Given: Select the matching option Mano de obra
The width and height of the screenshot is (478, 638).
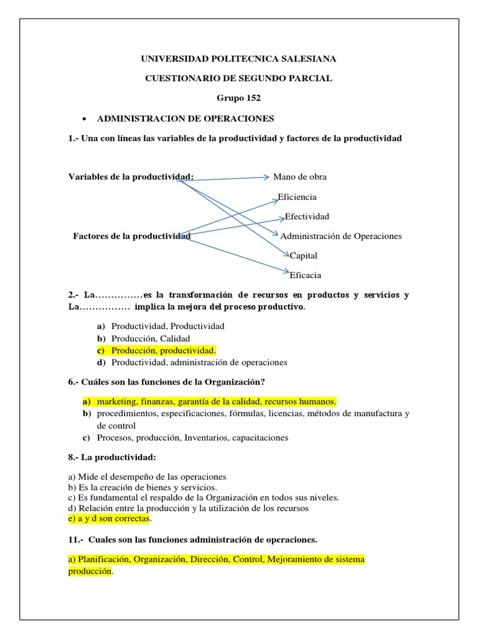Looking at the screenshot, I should tap(300, 177).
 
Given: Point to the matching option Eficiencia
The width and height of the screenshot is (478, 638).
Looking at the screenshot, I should tap(297, 197).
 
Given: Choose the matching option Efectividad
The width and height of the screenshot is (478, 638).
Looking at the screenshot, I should tap(307, 217).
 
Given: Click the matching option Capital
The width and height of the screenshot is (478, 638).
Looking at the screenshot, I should tap(304, 255).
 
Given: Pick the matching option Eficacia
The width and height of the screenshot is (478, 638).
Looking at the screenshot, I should tap(306, 275).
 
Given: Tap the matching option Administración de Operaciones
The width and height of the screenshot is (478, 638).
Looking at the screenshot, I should tap(341, 236).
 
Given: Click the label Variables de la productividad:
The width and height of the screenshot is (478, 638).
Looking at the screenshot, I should tap(131, 177).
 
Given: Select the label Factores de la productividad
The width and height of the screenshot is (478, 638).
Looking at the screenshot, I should tap(132, 236).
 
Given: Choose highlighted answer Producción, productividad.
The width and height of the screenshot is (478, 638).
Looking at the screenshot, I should tap(164, 350).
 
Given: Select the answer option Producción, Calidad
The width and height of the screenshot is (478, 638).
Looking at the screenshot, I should tap(151, 338).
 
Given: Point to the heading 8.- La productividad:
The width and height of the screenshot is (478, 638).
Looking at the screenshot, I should tap(112, 457).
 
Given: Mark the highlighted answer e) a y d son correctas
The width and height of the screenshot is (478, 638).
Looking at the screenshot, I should tap(110, 518).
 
